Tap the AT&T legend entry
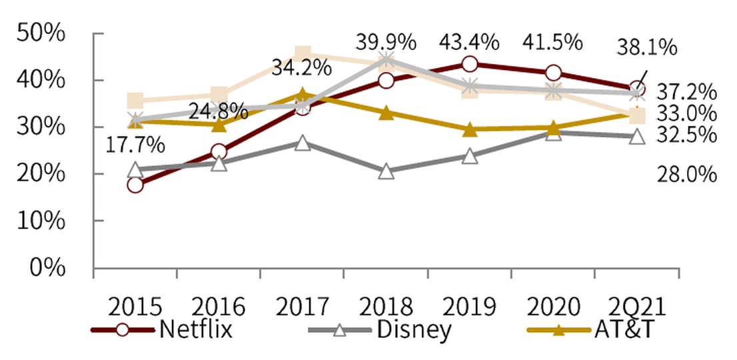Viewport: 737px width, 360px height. [586, 330]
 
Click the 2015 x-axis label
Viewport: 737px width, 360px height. [136, 307]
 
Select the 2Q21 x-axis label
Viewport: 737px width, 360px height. [638, 307]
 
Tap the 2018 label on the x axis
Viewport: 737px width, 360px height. [386, 307]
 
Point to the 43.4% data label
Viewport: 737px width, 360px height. [469, 42]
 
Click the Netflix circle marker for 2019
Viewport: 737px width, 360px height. [470, 64]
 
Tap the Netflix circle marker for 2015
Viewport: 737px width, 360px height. [135, 185]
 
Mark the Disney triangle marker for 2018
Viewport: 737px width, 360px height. [386, 171]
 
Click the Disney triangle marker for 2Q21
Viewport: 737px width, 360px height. [637, 137]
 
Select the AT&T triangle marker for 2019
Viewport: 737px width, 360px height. [470, 129]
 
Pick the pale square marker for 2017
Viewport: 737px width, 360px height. [303, 53]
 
